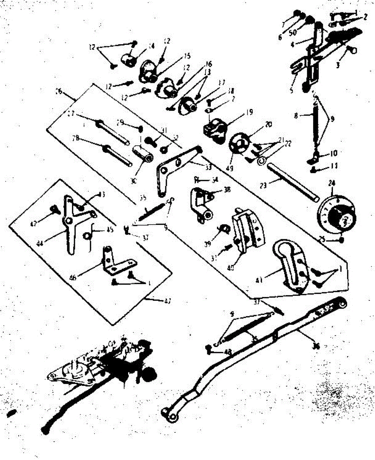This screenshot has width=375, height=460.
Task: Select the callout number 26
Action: tap(59, 92)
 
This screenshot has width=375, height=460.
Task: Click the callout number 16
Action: tap(209, 64)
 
